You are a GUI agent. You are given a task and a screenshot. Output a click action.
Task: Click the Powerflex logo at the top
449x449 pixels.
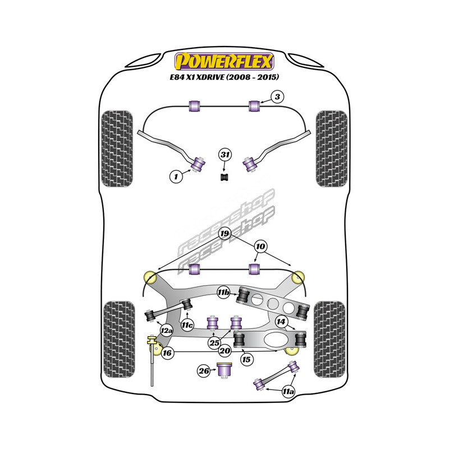tap(224, 61)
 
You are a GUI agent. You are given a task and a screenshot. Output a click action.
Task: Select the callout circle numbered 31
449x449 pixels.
tap(224, 154)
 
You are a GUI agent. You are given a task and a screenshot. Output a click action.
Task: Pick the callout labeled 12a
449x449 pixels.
tap(166, 331)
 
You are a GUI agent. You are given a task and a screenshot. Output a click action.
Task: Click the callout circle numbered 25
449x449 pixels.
tap(214, 342)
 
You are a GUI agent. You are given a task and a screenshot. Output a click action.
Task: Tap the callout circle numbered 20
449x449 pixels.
tap(225, 351)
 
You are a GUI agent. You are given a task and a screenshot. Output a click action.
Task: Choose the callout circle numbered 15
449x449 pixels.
tap(245, 358)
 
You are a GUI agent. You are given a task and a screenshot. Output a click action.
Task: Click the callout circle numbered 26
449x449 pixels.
tap(204, 370)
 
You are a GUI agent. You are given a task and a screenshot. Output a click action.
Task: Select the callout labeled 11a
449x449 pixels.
tap(288, 391)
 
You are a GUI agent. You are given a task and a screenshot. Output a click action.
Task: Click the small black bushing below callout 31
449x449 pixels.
tap(224, 177)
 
